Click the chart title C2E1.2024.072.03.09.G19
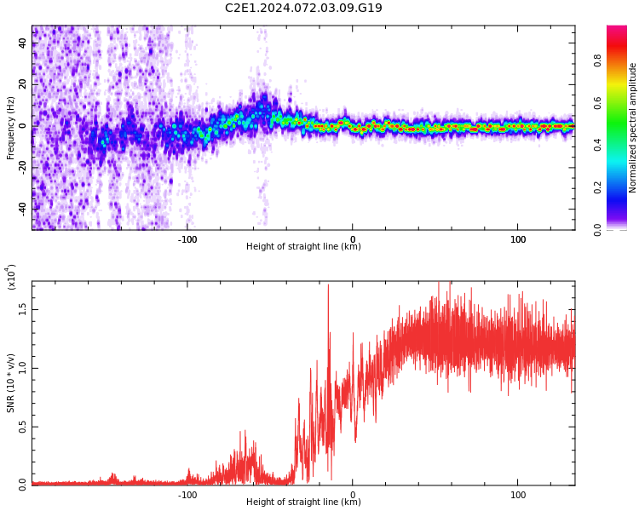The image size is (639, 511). pyautogui.click(x=303, y=8)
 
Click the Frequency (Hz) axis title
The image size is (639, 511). pyautogui.click(x=11, y=128)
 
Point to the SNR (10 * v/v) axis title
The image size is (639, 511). pyautogui.click(x=11, y=383)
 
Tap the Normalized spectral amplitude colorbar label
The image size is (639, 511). pyautogui.click(x=633, y=128)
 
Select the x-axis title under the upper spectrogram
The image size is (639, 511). pyautogui.click(x=303, y=247)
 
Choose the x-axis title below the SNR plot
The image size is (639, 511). pyautogui.click(x=303, y=502)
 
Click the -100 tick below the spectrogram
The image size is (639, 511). pyautogui.click(x=187, y=238)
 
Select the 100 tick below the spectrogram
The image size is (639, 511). pyautogui.click(x=518, y=238)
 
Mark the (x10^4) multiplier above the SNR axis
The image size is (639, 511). pyautogui.click(x=11, y=277)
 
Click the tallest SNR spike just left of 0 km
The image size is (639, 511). pyautogui.click(x=328, y=286)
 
